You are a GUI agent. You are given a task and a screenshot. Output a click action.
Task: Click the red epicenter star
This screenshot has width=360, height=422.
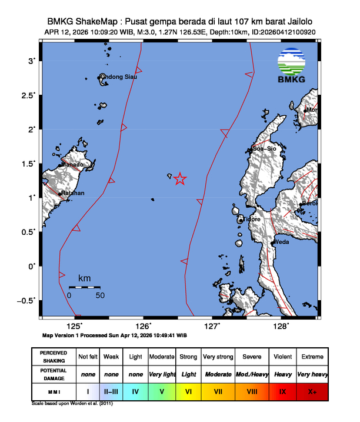(x=180, y=179)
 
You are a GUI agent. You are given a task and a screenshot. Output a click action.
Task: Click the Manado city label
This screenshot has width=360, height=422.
(x=72, y=165)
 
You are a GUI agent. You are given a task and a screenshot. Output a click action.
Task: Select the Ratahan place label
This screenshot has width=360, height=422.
(x=73, y=193)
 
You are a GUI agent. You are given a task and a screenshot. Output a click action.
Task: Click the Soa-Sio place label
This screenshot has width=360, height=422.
(x=264, y=149)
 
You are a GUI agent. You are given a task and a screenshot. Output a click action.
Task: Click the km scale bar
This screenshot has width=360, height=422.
(x=85, y=287)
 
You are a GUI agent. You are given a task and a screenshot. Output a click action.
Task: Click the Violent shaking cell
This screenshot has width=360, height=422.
(x=282, y=357)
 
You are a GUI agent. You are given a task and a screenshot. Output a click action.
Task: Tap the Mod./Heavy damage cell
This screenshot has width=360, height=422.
(x=251, y=374)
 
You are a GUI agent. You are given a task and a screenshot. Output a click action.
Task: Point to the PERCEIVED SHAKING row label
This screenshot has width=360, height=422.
(x=53, y=357)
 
